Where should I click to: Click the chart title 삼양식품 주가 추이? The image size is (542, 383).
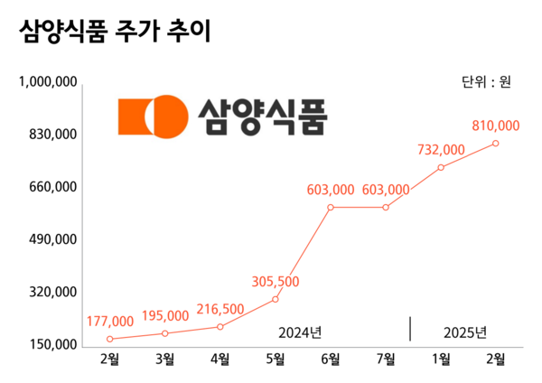click(115, 32)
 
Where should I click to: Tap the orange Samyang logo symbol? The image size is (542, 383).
click(151, 116)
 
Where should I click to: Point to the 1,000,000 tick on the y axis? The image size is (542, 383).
click(47, 82)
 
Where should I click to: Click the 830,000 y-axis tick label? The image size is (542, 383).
click(51, 135)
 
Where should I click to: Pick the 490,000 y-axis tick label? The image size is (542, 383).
click(51, 240)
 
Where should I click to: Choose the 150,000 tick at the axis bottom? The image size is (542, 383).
click(51, 345)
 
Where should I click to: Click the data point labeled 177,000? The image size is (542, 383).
click(109, 339)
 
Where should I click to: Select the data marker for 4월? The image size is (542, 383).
click(220, 327)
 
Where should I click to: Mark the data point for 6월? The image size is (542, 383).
click(331, 207)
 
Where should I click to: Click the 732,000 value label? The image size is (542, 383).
click(441, 150)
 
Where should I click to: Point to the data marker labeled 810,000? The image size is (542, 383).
click(496, 143)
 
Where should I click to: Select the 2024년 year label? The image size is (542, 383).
click(299, 332)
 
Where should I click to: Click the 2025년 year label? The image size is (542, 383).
click(466, 332)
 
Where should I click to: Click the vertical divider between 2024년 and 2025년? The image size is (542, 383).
click(411, 329)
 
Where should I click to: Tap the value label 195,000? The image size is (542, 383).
click(165, 315)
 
